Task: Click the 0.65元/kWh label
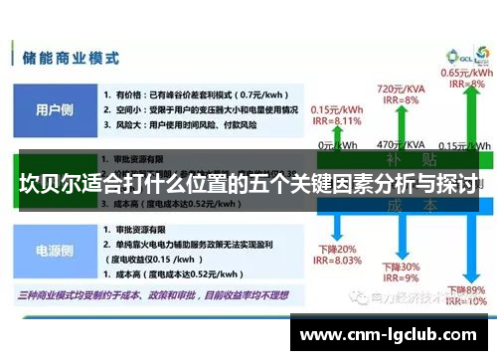point(465,73)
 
